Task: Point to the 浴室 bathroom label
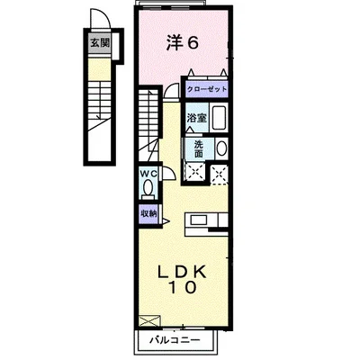click(x=195, y=117)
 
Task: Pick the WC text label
click(x=148, y=175)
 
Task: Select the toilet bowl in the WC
click(x=148, y=189)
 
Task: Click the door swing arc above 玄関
click(x=99, y=22)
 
